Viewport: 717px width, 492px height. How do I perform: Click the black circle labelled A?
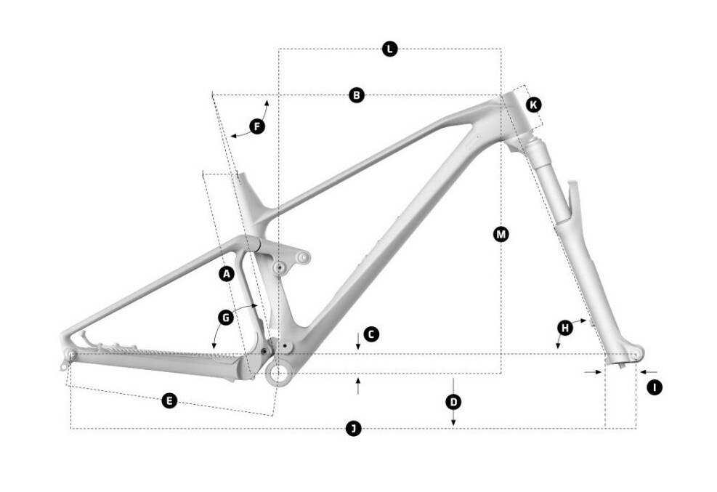(227, 275)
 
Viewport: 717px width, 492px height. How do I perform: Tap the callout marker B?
(357, 95)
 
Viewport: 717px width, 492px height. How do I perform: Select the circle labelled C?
(371, 334)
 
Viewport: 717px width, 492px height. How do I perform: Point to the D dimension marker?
(453, 402)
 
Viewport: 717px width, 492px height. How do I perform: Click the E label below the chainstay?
(169, 401)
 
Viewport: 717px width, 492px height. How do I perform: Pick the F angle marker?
(257, 126)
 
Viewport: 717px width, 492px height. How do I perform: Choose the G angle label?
(226, 318)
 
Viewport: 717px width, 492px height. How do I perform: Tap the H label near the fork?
(565, 328)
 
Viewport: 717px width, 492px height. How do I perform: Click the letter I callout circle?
(655, 388)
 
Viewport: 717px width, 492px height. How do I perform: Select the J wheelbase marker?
(353, 429)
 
